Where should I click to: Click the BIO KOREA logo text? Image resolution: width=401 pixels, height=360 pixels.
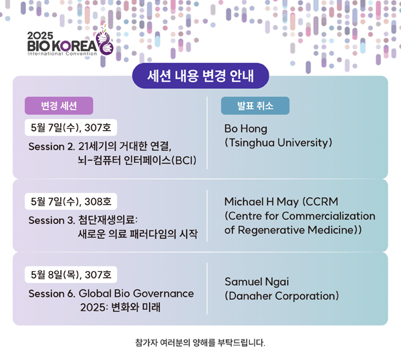(62, 46)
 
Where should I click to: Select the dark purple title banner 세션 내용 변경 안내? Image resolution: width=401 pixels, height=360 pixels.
(200, 76)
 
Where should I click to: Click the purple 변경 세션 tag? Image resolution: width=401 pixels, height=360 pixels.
(59, 106)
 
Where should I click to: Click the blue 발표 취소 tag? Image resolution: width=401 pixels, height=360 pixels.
(255, 106)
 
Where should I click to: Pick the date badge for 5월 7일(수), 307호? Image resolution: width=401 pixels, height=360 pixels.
(71, 128)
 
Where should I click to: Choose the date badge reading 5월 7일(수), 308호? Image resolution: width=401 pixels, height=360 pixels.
(71, 202)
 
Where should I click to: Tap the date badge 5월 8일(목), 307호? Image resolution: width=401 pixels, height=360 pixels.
(71, 275)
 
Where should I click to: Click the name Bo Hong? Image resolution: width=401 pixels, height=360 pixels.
(246, 129)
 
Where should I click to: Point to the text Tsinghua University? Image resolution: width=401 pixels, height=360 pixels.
(279, 143)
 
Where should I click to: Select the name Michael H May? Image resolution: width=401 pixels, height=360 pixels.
(261, 202)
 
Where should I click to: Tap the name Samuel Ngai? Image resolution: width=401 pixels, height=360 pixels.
(257, 282)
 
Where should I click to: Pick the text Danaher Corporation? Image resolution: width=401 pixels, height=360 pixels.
(281, 296)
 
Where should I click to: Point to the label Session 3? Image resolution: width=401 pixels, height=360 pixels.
(51, 220)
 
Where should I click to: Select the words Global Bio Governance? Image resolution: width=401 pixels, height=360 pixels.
(136, 294)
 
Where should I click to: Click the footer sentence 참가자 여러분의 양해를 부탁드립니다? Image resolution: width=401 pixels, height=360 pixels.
(200, 343)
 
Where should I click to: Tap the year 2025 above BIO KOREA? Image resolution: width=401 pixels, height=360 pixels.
(40, 35)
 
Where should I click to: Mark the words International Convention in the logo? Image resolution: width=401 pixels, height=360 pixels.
(62, 53)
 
